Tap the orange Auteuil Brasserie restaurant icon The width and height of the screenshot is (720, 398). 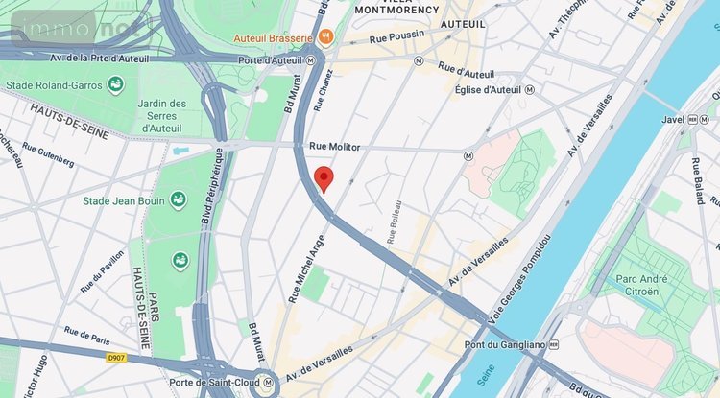click(327, 37)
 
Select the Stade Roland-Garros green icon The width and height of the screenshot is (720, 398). click(116, 84)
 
